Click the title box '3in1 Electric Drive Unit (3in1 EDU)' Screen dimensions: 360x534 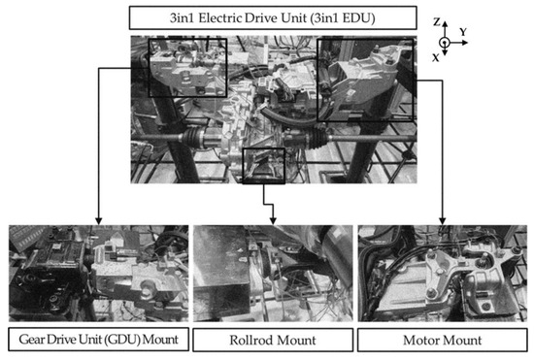pyautogui.click(x=267, y=17)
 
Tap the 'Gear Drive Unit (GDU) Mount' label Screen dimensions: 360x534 pyautogui.click(x=94, y=340)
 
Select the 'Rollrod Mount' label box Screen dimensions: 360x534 pyautogui.click(x=267, y=340)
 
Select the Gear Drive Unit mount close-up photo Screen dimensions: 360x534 pyautogui.click(x=94, y=273)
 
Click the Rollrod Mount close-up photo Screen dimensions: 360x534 pyautogui.click(x=267, y=273)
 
